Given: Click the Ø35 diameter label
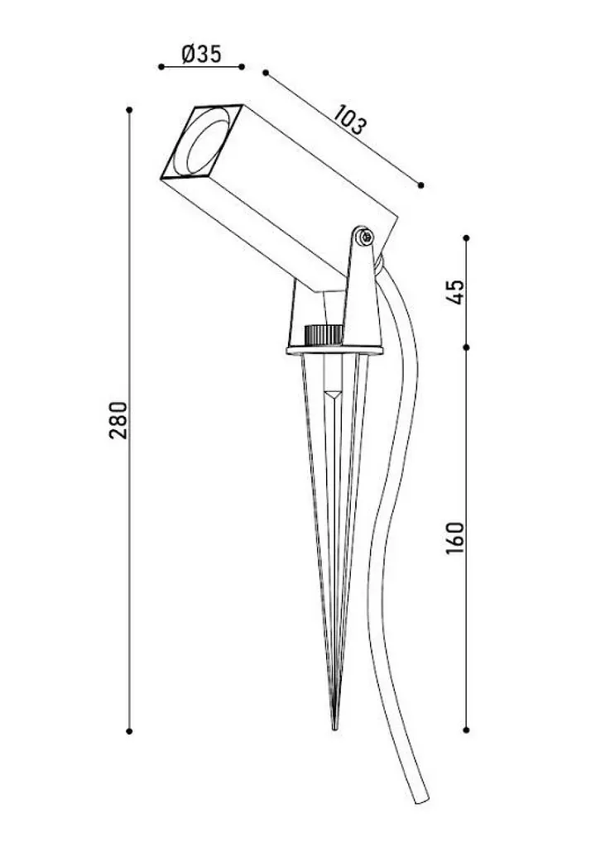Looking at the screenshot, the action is click(x=201, y=54).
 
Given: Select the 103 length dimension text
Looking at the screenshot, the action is click(x=350, y=120).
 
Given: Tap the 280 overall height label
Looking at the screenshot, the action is click(x=119, y=420).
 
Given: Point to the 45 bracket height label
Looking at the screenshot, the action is click(x=456, y=292).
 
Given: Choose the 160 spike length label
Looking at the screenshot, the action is click(x=455, y=538).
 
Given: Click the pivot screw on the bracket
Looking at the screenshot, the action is click(x=366, y=236).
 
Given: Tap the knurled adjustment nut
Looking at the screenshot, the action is click(x=323, y=335).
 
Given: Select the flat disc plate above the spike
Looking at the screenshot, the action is click(x=334, y=351).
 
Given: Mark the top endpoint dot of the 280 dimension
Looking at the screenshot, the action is click(x=129, y=110).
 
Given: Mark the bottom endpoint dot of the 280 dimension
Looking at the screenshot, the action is click(x=129, y=731).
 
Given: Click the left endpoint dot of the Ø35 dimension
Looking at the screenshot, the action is click(x=161, y=67).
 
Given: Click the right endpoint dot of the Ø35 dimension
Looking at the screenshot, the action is click(x=242, y=67).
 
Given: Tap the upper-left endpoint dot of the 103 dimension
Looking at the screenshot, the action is click(x=266, y=73).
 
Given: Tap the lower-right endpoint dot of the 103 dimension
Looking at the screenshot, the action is click(x=421, y=185).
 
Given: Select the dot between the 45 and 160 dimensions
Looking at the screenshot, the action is click(x=467, y=347).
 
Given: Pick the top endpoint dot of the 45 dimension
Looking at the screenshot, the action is click(x=467, y=237).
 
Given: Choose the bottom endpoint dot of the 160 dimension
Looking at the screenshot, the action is click(x=467, y=730).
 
